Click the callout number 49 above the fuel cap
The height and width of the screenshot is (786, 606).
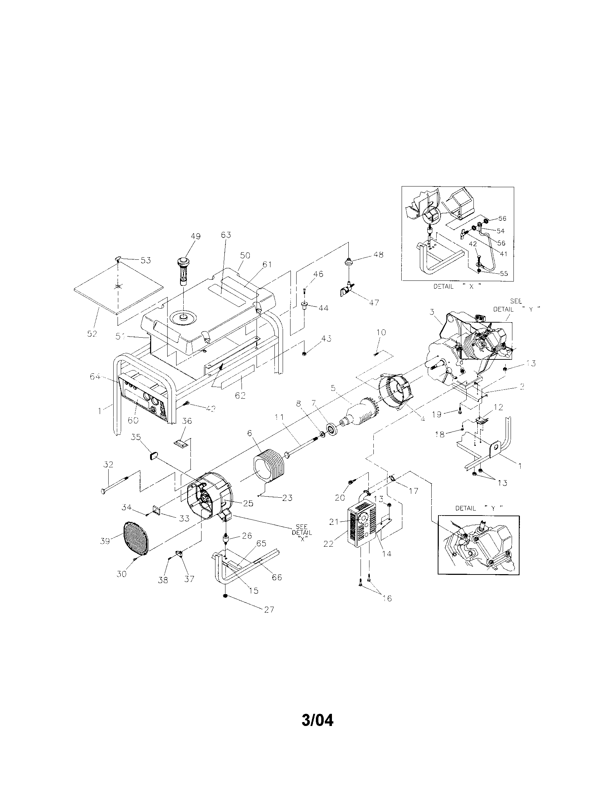(x=196, y=237)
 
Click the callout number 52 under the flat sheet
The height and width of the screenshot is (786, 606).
(x=92, y=334)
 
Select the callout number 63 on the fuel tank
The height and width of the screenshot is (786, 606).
(x=226, y=235)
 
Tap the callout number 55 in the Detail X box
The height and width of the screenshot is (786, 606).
(x=504, y=274)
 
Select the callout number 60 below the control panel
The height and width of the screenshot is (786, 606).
(x=133, y=420)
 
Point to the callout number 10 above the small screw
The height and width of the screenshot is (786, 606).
(x=381, y=332)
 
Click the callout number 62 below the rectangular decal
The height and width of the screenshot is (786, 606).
(x=240, y=395)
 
